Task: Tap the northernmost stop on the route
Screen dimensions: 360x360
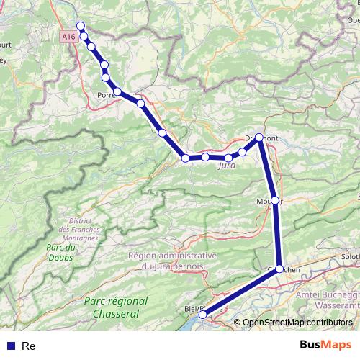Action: [81, 26]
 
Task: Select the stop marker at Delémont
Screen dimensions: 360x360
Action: [259, 138]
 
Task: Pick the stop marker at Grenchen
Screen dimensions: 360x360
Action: [279, 268]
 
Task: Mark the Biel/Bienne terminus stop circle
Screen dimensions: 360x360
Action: [203, 315]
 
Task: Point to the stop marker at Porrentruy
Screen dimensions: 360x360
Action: [117, 91]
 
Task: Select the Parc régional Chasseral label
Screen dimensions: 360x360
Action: [116, 307]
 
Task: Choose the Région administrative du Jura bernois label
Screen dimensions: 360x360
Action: [172, 261]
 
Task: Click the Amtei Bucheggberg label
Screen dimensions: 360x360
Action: [328, 297]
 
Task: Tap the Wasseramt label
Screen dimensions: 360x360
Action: [335, 305]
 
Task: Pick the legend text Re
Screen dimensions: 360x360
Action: [29, 346]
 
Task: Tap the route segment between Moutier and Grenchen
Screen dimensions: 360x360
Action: [277, 234]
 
